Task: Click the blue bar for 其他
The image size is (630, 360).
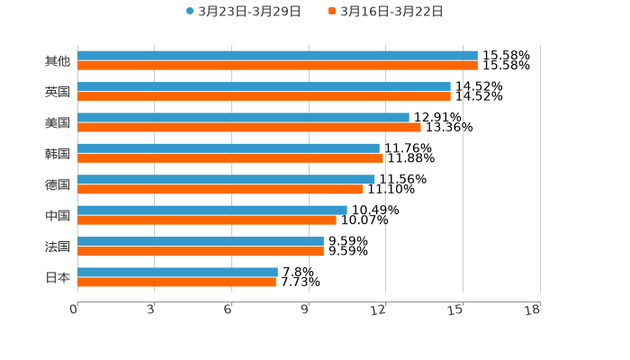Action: (x=277, y=56)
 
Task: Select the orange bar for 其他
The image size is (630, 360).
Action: (x=277, y=66)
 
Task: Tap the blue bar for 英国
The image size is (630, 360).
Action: (x=264, y=86)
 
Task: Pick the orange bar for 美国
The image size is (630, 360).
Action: (x=249, y=128)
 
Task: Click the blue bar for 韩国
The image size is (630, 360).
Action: (x=229, y=148)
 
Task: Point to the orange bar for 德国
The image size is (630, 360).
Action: (x=220, y=189)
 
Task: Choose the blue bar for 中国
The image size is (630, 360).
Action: (x=212, y=210)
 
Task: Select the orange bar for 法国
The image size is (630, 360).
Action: (x=201, y=251)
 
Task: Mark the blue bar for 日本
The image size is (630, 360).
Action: (x=177, y=272)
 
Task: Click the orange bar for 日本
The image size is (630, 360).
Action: (x=176, y=282)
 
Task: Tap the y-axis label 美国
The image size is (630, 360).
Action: (x=58, y=123)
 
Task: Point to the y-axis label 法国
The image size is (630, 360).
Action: (x=58, y=247)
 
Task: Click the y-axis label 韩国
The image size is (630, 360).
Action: (x=58, y=154)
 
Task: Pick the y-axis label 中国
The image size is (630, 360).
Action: (x=58, y=216)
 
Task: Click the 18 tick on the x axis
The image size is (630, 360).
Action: (x=533, y=310)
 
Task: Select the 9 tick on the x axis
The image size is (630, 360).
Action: (x=305, y=310)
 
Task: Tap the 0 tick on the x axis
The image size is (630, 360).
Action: (x=74, y=310)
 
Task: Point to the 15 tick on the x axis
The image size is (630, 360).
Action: (x=456, y=310)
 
